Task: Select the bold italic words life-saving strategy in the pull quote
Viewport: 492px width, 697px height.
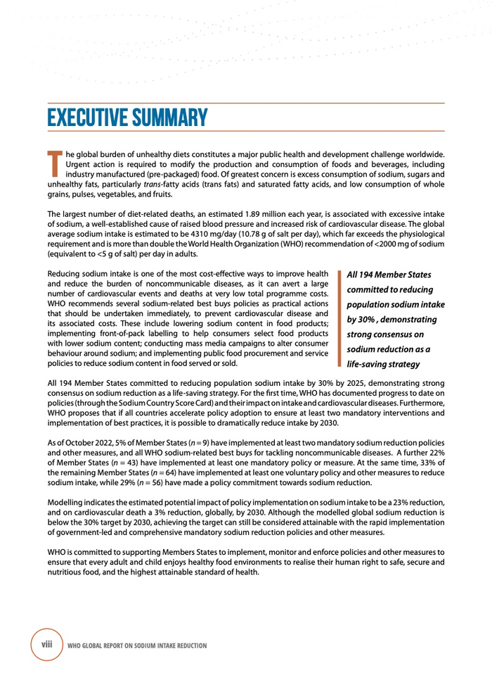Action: click(x=383, y=364)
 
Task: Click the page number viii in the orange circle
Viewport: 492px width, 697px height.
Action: click(x=47, y=643)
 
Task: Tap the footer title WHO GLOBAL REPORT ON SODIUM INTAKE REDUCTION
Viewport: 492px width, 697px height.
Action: click(x=137, y=645)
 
